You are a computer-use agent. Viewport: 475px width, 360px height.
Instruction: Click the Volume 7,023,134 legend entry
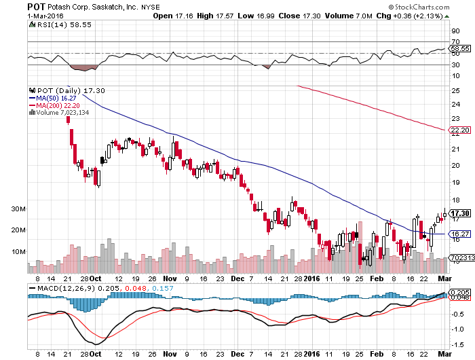click(64, 113)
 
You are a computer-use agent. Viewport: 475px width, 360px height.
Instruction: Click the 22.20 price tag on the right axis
click(461, 130)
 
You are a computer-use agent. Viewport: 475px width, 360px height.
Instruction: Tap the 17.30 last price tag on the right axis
click(461, 213)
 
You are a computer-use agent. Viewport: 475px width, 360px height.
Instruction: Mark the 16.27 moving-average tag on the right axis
click(461, 234)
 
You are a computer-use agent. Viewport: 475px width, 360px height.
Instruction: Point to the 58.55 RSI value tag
click(461, 49)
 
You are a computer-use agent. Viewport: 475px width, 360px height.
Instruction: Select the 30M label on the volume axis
click(17, 209)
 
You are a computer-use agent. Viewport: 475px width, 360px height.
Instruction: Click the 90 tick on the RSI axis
click(455, 31)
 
